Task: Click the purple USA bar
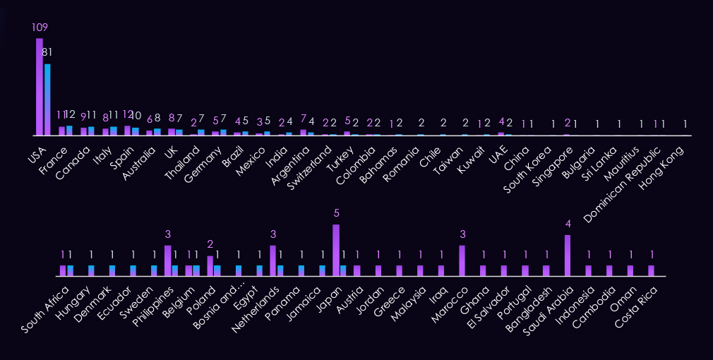[x=40, y=86]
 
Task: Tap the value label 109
[x=40, y=28]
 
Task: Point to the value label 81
[x=47, y=52]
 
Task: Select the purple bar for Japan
[x=336, y=250]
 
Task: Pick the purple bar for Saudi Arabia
[x=568, y=255]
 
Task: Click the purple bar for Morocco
[x=462, y=260]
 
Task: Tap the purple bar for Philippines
[x=168, y=260]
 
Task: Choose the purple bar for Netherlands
[x=273, y=260]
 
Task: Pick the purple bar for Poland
[x=210, y=265]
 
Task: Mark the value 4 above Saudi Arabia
[x=568, y=224]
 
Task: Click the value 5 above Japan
[x=336, y=213]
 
